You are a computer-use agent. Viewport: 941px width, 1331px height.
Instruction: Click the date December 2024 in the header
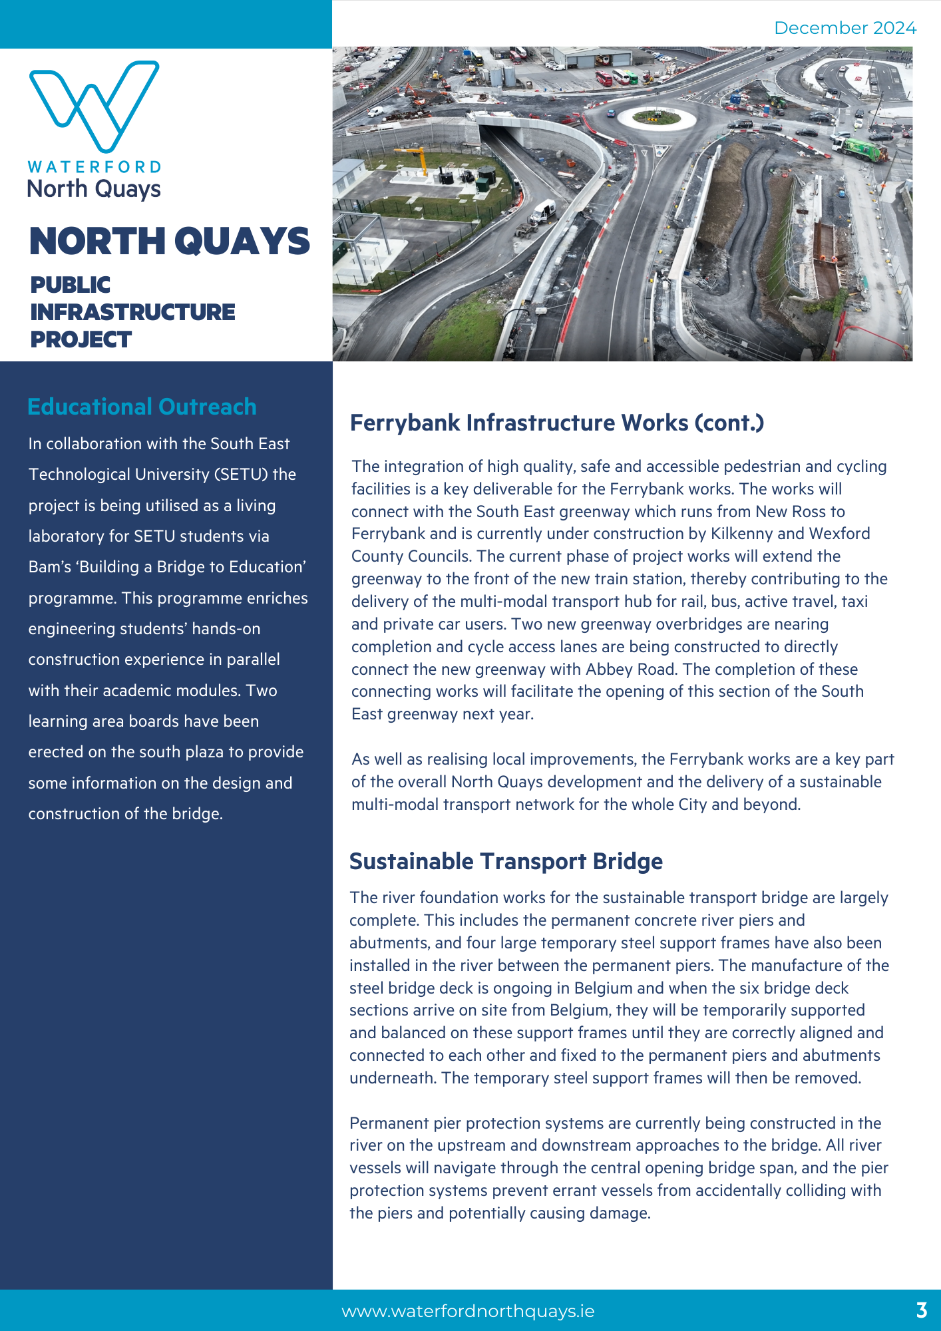point(845,28)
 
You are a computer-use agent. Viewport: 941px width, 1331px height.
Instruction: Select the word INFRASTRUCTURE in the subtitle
point(132,312)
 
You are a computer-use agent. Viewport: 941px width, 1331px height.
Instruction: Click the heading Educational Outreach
point(142,407)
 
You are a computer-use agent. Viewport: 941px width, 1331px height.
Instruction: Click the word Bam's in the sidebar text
point(50,567)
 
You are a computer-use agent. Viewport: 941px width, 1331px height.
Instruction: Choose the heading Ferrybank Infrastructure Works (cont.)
point(556,423)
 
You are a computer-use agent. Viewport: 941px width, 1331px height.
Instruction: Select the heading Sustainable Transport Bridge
point(506,861)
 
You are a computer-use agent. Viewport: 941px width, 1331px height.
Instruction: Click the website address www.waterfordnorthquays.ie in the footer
point(468,1311)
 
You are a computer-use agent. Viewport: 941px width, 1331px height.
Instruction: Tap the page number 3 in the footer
point(921,1310)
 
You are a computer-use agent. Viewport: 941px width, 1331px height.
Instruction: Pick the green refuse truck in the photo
point(858,147)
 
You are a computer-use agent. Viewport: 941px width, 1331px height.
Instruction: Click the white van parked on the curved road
point(542,212)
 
